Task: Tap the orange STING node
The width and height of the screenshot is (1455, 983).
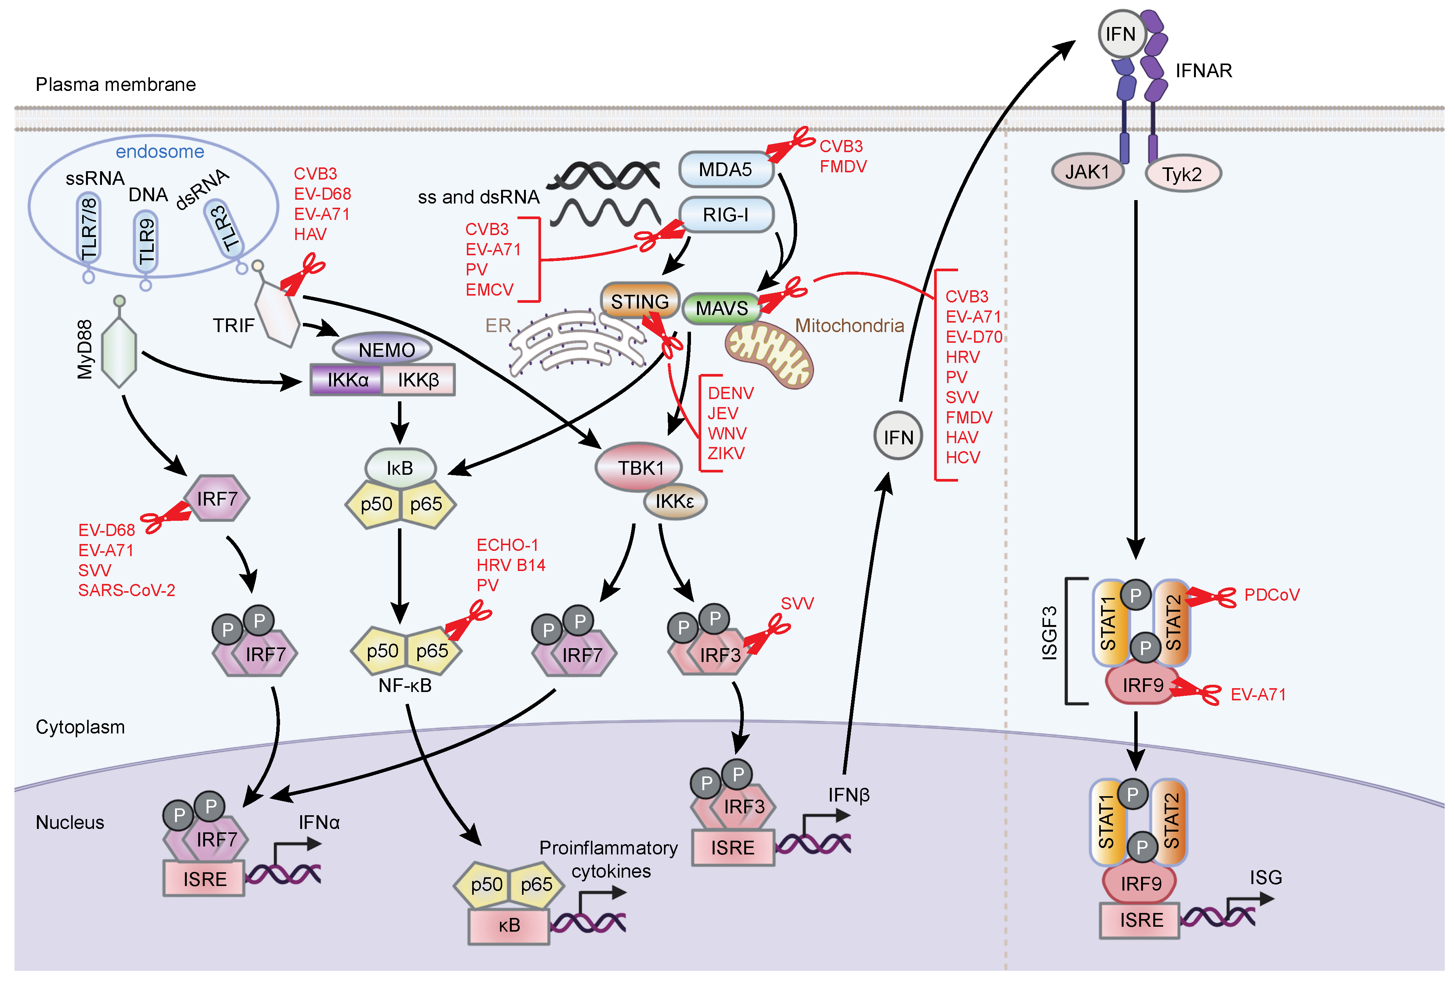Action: tap(639, 301)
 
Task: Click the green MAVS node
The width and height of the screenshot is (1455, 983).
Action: tap(721, 308)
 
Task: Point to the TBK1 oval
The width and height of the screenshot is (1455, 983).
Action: tap(640, 468)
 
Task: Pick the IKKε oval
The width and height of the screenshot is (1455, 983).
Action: tap(674, 501)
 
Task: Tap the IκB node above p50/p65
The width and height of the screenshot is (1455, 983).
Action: tap(400, 468)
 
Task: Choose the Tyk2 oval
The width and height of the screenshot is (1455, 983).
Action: tap(1182, 174)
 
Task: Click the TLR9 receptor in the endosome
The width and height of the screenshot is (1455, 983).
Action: tap(146, 241)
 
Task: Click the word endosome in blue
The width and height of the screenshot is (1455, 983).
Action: tap(160, 151)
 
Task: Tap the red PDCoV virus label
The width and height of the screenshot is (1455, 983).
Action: tap(1272, 595)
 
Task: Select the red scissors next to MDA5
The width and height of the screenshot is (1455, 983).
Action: tap(790, 145)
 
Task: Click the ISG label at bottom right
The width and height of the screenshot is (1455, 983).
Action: tap(1265, 877)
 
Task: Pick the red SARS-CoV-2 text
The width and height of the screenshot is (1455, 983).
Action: tap(126, 590)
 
